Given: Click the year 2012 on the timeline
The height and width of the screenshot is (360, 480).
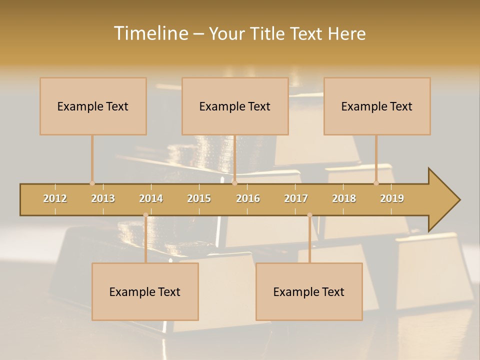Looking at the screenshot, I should tap(55, 198).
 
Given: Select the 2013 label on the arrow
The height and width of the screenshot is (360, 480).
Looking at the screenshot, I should tap(103, 198).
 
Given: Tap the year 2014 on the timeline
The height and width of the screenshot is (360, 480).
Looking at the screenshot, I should tap(151, 198).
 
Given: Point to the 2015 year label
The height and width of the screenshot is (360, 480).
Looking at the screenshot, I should tap(199, 198).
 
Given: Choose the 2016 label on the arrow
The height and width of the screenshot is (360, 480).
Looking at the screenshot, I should tap(248, 198).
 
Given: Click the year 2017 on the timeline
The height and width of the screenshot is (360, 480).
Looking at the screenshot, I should tap(296, 198).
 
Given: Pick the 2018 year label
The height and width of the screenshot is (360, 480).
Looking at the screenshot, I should tap(344, 198).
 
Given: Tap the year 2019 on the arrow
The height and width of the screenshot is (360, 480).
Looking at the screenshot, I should tap(392, 198).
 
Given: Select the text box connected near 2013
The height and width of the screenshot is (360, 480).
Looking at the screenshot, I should tap(93, 106).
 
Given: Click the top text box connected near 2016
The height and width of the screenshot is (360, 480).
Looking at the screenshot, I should tap(235, 106).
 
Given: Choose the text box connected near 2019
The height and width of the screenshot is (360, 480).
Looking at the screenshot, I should tap(377, 106).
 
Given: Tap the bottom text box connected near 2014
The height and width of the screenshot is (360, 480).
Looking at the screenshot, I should tap(145, 291).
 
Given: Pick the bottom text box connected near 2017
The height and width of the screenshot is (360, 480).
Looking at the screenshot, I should tap(309, 291).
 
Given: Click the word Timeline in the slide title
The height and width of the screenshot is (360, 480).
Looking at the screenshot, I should tap(150, 33).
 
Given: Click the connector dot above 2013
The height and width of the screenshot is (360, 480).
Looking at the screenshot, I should tap(92, 183).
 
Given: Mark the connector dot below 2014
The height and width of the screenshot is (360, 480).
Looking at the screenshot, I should tap(145, 215).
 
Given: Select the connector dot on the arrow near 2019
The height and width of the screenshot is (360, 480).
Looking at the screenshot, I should tap(376, 183).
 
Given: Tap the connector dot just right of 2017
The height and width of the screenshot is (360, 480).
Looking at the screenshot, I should tap(309, 215).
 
